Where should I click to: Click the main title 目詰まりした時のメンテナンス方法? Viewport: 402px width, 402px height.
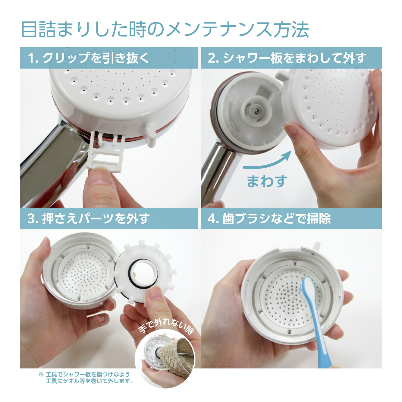pyautogui.click(x=165, y=30)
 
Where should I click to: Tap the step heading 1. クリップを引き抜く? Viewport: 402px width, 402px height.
pyautogui.click(x=88, y=58)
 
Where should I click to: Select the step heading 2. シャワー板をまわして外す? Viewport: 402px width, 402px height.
pyautogui.click(x=287, y=58)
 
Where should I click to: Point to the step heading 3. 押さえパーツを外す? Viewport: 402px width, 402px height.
pyautogui.click(x=88, y=218)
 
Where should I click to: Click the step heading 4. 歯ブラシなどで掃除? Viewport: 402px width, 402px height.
pyautogui.click(x=269, y=218)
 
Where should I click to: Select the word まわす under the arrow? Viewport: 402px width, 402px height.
pyautogui.click(x=267, y=181)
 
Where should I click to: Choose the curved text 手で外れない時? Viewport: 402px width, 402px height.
pyautogui.click(x=166, y=327)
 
